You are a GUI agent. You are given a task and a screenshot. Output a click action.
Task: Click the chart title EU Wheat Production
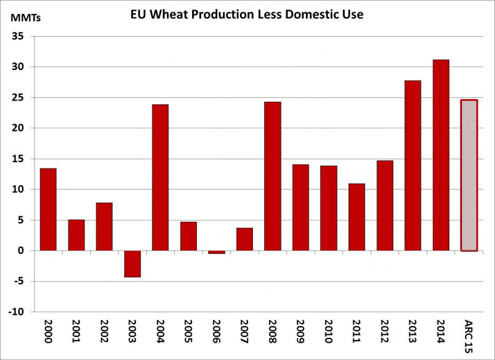247,14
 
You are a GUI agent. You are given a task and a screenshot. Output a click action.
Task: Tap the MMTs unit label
25,18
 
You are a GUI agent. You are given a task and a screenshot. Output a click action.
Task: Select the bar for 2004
160,177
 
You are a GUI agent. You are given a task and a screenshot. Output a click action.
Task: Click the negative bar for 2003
132,264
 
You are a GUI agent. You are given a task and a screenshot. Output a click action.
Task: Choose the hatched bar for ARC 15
469,175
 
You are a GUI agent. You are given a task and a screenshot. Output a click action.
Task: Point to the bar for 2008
272,175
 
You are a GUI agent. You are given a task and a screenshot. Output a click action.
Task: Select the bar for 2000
49,209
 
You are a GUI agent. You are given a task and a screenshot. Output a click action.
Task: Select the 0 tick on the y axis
21,250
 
